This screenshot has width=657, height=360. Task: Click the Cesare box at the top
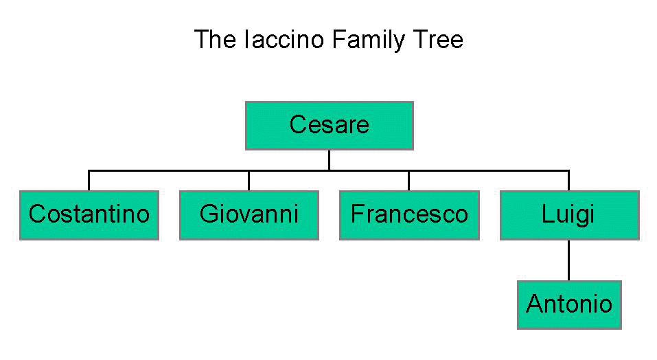point(329,125)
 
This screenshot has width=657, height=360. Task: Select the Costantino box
point(89,214)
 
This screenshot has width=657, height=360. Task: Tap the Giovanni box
point(249,214)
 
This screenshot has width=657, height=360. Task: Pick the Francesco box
point(408,214)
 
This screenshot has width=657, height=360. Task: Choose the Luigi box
point(569,214)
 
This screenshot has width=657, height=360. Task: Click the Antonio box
point(569,304)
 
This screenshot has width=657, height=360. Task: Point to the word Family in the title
point(368,39)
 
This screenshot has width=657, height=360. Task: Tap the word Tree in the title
point(438,39)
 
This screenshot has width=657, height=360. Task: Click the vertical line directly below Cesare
point(329,159)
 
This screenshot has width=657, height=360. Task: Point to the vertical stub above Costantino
point(89,180)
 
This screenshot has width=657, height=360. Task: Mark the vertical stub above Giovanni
point(249,180)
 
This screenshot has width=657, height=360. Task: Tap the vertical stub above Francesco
point(408,180)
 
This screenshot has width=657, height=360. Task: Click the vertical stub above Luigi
point(569,180)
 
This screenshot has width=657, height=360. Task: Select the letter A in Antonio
point(534,304)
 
